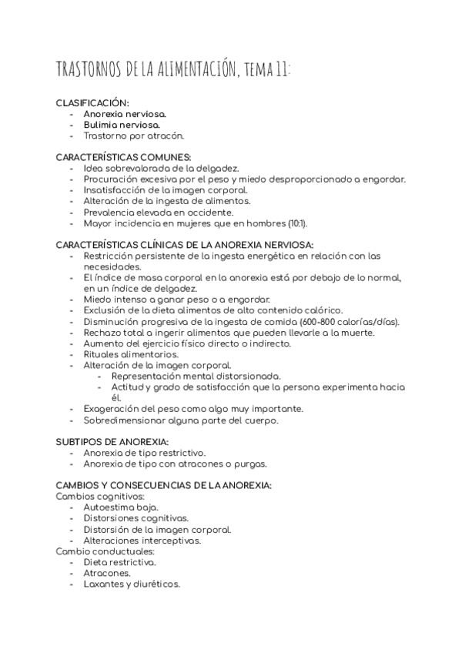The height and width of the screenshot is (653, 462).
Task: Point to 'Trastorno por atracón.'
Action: pyautogui.click(x=133, y=136)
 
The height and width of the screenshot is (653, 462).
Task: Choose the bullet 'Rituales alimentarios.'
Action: pyautogui.click(x=130, y=354)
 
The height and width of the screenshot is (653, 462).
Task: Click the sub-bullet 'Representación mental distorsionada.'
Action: pyautogui.click(x=196, y=376)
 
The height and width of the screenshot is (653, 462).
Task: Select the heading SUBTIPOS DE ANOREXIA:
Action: pyautogui.click(x=112, y=442)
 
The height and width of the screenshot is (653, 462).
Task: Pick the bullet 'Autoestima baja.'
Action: pyautogui.click(x=121, y=507)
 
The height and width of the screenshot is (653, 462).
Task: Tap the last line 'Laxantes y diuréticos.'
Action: pyautogui.click(x=132, y=584)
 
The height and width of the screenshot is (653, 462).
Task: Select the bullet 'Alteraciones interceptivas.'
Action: pyautogui.click(x=142, y=541)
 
